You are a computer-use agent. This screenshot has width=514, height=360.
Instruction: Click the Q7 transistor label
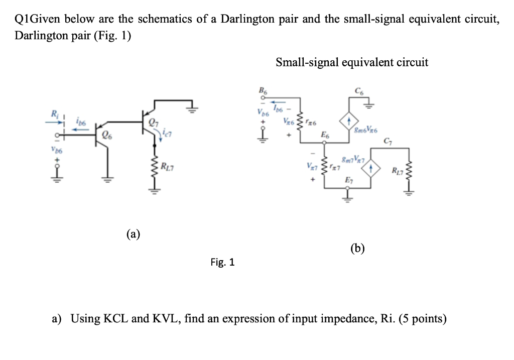[x=150, y=123]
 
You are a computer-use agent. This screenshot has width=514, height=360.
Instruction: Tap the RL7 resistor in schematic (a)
[x=154, y=167]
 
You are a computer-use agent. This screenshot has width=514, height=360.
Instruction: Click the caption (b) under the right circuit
[x=357, y=248]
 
